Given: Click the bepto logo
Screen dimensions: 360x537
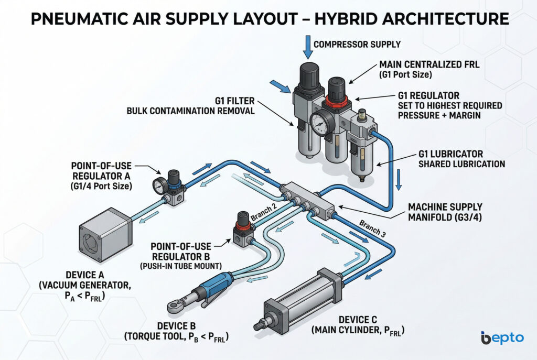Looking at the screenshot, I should click(502, 338).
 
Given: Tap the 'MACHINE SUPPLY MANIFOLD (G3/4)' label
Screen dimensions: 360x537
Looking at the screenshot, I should click(449, 212).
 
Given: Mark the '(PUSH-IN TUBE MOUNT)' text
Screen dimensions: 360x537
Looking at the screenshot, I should click(180, 267).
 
